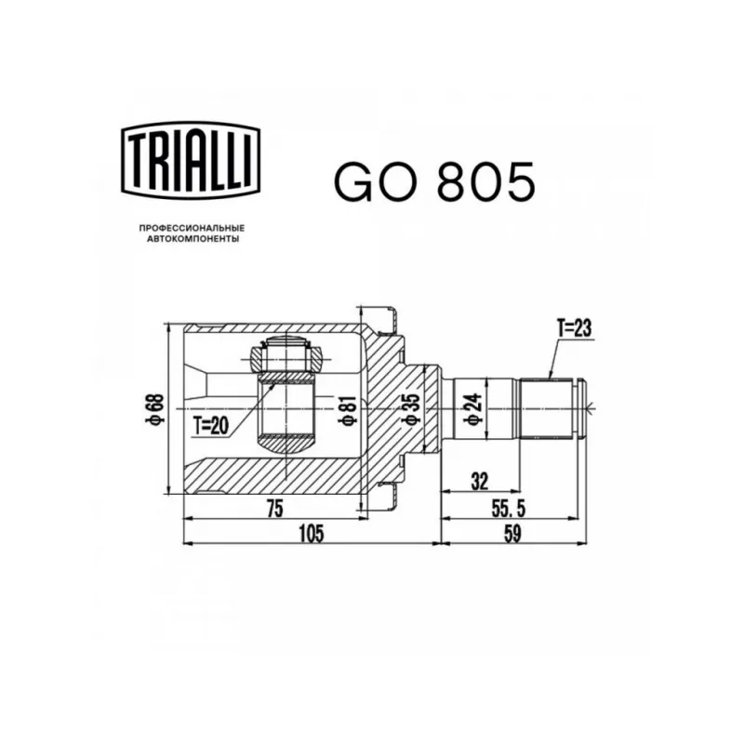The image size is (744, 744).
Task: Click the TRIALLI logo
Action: pos(191,160)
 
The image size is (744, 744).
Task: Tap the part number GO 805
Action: pos(434,181)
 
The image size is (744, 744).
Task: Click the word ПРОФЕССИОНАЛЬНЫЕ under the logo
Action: pos(192,228)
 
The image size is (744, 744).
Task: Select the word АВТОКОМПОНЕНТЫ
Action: pos(193,239)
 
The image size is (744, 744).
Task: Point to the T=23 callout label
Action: pos(574,328)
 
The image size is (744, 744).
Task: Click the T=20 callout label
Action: pos(211,426)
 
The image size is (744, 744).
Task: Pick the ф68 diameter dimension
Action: pos(156,408)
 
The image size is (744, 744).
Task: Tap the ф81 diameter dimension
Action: pos(347,409)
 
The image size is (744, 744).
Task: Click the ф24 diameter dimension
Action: pos(474,408)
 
